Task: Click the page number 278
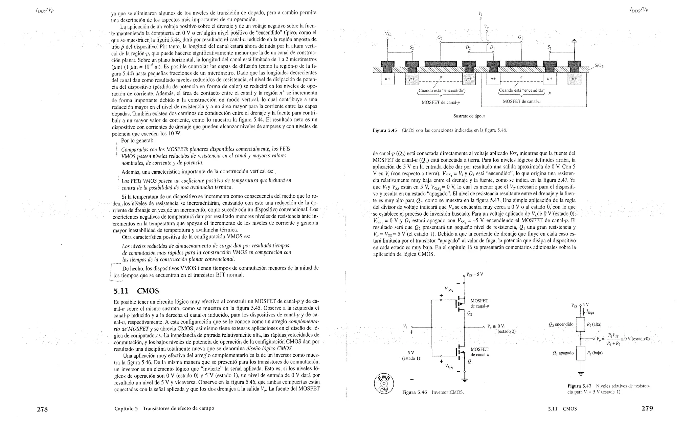click(x=42, y=409)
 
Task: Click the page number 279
click(x=647, y=408)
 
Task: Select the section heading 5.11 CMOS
click(x=136, y=291)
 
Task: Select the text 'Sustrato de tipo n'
click(x=469, y=116)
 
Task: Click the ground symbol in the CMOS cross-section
click(x=574, y=41)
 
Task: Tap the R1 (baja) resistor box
click(x=581, y=353)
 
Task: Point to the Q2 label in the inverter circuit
click(x=469, y=313)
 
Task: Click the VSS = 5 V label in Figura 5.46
click(x=474, y=274)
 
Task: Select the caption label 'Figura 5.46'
click(x=415, y=392)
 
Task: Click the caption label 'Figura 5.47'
click(x=579, y=386)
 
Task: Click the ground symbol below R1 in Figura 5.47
click(x=581, y=374)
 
